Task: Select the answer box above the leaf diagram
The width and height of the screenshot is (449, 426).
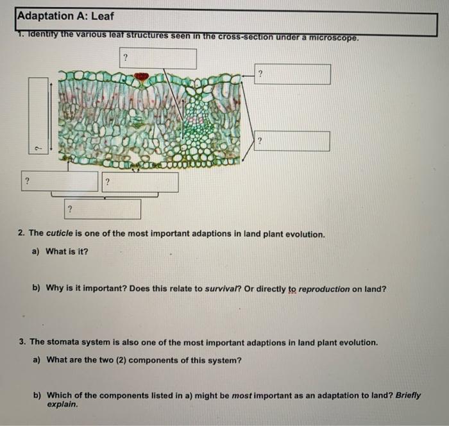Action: coord(157,58)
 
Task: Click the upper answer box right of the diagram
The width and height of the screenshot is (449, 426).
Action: coord(293,74)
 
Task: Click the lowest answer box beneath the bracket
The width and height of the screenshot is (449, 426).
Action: coord(102,209)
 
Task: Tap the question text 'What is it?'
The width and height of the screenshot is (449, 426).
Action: coord(67,251)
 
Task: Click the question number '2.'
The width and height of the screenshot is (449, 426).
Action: coord(22,234)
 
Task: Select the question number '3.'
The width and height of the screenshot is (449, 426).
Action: coord(22,343)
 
